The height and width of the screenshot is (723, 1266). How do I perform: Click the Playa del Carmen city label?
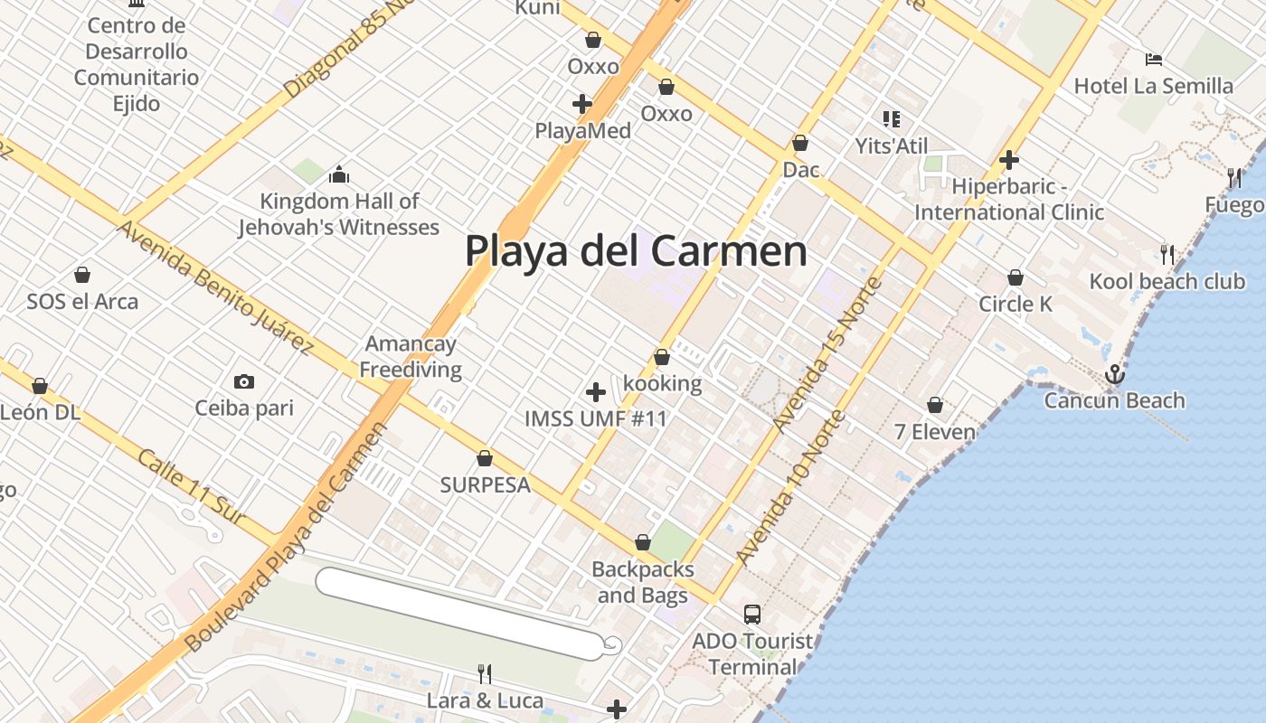click(x=636, y=250)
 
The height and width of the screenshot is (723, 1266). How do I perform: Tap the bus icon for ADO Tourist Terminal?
click(x=751, y=615)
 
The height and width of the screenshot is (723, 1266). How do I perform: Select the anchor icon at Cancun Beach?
click(x=1115, y=373)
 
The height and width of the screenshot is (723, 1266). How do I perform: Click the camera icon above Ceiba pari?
click(x=244, y=381)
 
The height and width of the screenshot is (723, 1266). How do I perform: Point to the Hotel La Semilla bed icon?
click(x=1153, y=60)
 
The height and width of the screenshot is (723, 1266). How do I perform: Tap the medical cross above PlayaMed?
click(x=582, y=104)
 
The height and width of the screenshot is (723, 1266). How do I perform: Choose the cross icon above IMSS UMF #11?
click(x=596, y=392)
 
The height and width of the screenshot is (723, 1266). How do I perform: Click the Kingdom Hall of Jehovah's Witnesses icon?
click(x=339, y=174)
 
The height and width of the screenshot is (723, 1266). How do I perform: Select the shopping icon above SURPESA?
click(x=485, y=458)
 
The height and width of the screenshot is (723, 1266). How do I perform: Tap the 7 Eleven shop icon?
click(x=935, y=405)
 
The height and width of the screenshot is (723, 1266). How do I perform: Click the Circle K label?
click(x=1016, y=304)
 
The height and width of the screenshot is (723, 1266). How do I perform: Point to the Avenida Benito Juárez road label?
click(x=214, y=286)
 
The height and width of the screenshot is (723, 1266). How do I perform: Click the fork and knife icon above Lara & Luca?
click(x=485, y=673)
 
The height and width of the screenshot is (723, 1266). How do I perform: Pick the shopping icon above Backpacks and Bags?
click(x=643, y=542)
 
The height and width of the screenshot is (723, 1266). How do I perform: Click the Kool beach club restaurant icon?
click(x=1167, y=255)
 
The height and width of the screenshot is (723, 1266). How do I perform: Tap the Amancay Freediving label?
click(x=411, y=356)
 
